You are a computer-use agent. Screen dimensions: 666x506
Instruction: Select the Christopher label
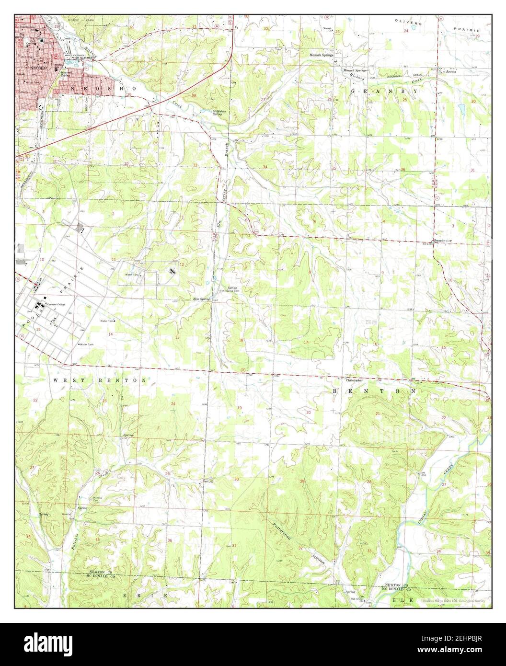click(353, 380)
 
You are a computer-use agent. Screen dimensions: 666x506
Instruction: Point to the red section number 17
click(306, 342)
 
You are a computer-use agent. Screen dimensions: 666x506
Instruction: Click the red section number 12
click(182, 264)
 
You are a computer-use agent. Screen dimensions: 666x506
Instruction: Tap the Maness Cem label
click(98, 498)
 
